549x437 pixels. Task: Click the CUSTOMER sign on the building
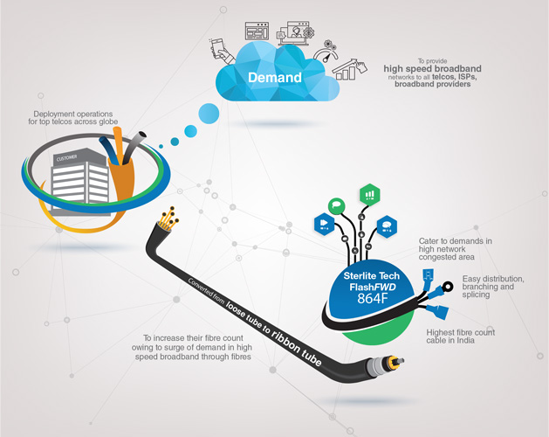(67, 158)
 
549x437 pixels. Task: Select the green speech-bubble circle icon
(336, 205)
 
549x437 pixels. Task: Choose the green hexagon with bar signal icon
(369, 194)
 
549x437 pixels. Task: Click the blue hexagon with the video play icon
(322, 225)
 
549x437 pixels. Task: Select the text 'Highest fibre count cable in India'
(461, 337)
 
